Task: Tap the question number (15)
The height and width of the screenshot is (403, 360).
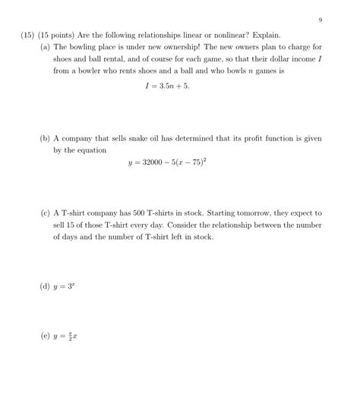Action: pos(29,35)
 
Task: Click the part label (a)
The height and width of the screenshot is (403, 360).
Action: pos(45,46)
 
